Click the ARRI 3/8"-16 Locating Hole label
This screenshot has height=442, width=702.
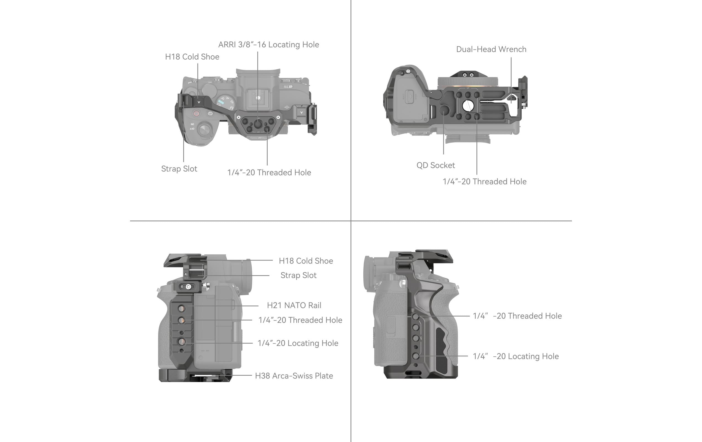point(268,44)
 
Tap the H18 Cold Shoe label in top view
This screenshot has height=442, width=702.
point(192,57)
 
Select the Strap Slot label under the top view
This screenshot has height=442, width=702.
point(179,169)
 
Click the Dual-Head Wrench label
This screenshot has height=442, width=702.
point(491,49)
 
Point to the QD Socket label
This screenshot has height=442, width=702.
point(436,165)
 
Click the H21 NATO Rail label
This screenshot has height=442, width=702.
point(294,305)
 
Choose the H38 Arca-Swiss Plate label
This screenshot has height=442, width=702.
point(294,376)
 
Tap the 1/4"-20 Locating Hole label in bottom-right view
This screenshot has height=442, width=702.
point(515,356)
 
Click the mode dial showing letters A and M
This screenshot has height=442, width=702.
point(226,102)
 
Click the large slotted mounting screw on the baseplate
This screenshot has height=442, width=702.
point(468,106)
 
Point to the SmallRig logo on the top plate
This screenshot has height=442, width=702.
point(258,138)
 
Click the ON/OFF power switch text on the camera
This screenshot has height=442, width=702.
point(192,126)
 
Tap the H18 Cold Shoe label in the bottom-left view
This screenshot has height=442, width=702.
point(306,261)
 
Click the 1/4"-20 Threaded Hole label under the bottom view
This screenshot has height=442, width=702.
point(484,182)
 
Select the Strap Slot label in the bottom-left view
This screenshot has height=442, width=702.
point(298,275)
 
